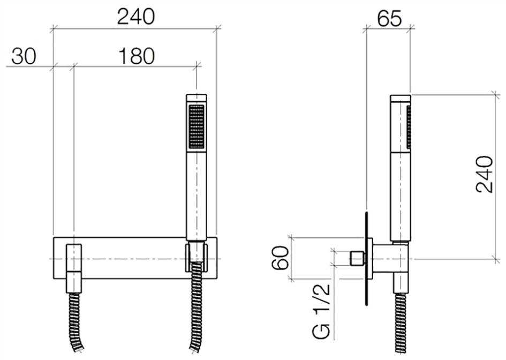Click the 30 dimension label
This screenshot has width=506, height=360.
[24, 56]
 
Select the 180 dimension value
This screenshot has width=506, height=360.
[137, 56]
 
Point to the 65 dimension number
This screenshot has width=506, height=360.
[389, 19]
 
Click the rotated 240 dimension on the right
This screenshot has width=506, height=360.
[485, 174]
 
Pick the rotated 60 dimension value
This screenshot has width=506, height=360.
[280, 258]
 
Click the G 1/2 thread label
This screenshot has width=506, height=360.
[321, 311]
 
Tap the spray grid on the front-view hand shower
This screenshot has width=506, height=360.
[197, 127]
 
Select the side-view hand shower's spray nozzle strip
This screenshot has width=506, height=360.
[409, 127]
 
